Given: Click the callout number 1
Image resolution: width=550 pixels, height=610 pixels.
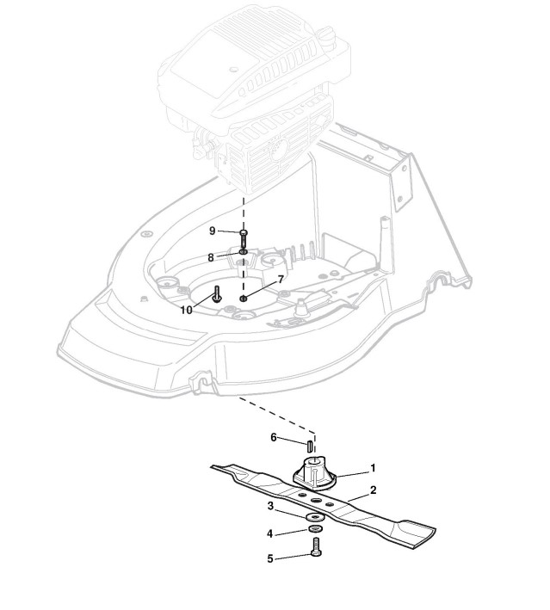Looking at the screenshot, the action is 373,469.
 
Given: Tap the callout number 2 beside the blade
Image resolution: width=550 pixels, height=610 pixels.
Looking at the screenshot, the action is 373,490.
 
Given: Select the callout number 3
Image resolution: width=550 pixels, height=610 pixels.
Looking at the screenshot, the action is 270,505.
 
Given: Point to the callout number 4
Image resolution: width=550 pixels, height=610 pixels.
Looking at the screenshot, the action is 270,533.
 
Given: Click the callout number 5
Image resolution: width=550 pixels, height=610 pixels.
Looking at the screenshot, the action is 270,558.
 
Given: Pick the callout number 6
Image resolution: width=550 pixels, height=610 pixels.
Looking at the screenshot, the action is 274,437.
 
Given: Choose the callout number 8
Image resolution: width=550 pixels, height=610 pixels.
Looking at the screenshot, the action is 210,256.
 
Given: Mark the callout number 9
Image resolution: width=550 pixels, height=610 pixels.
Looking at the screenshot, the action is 212,231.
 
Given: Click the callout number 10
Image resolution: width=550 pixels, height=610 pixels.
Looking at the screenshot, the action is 187,310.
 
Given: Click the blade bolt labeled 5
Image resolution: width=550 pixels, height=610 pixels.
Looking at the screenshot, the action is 315,548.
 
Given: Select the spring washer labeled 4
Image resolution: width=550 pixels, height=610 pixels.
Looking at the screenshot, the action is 315,527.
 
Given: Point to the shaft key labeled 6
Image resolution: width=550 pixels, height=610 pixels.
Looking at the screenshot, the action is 308,447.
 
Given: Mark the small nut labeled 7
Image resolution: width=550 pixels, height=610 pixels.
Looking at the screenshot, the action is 244,298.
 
